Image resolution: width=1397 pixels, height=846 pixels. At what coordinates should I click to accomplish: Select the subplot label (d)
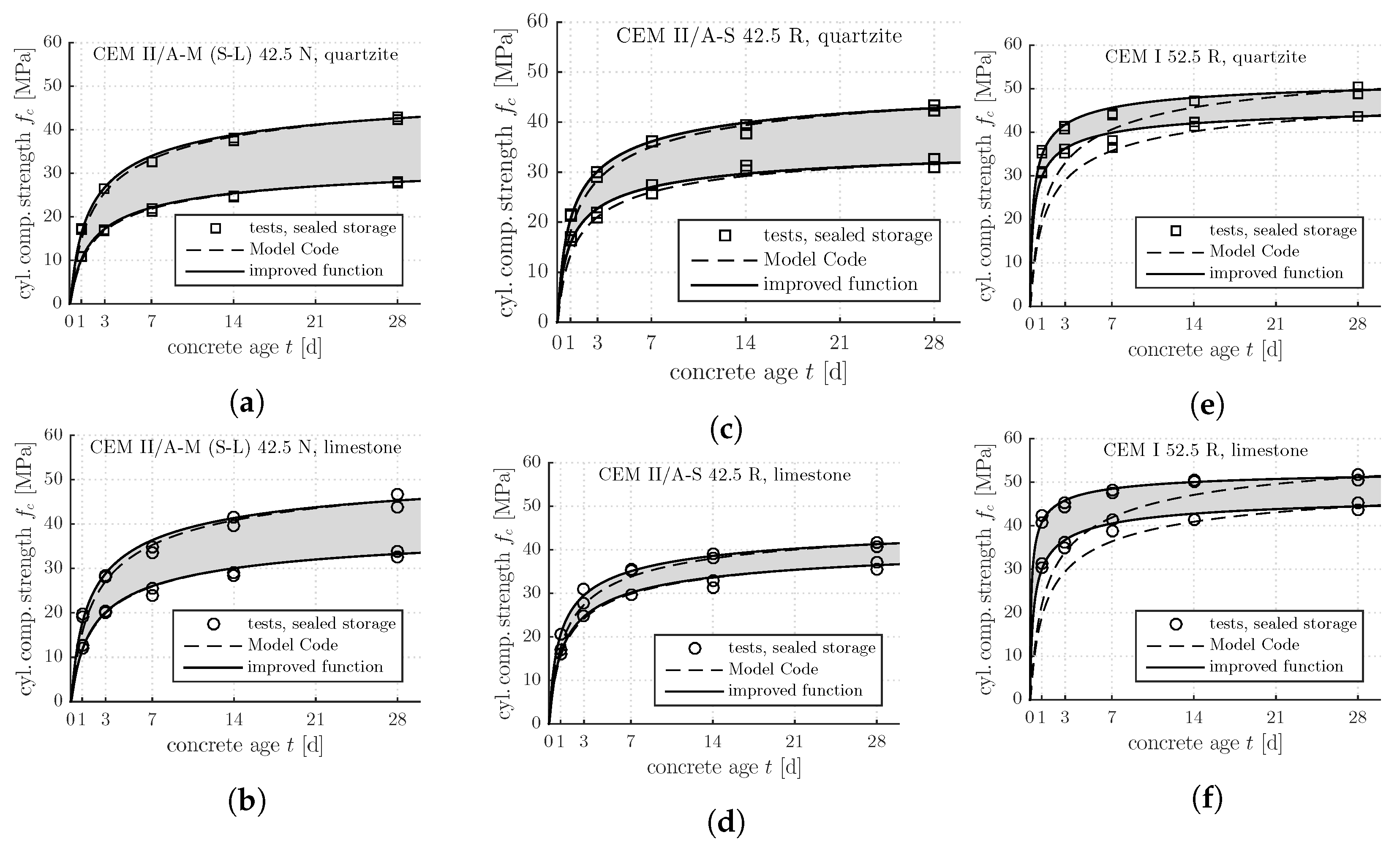(x=726, y=823)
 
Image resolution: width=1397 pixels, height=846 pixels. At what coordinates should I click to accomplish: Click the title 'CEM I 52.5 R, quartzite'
(x=1205, y=57)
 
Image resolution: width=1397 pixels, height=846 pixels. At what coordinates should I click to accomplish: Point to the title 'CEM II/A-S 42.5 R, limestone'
(x=724, y=475)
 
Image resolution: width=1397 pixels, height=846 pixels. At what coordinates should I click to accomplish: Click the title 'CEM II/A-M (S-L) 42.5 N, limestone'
(x=245, y=448)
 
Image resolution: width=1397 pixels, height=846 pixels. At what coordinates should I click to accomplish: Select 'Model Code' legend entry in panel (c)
(x=815, y=260)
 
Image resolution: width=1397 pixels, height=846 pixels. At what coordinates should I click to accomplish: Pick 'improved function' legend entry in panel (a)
(x=316, y=270)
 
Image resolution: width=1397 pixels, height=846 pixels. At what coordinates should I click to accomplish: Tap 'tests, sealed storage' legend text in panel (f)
(x=1283, y=624)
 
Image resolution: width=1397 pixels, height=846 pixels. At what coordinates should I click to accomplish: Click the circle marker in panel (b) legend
(x=214, y=624)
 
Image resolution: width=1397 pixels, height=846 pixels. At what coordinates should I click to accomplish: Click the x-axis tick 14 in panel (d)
(x=713, y=742)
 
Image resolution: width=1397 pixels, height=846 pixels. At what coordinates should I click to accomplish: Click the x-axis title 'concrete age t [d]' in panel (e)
(x=1205, y=350)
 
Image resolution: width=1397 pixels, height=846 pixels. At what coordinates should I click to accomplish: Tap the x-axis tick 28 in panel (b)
(x=398, y=720)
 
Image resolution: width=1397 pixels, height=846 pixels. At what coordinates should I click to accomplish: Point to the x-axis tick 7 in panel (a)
(x=152, y=322)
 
